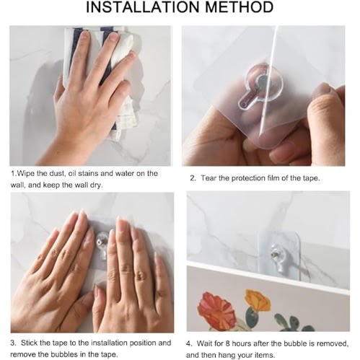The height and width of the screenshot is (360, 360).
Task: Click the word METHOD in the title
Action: click(239, 7)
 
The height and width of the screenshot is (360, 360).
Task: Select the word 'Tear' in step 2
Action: click(208, 178)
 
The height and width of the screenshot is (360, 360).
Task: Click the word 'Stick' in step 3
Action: click(30, 343)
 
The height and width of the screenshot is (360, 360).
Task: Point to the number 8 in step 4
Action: click(227, 343)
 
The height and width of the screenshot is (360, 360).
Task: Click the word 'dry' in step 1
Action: click(96, 185)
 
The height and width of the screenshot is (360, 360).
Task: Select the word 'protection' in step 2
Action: click(247, 178)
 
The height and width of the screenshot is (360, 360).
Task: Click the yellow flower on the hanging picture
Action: click(258, 300)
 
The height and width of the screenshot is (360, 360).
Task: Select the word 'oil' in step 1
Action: click(72, 174)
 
